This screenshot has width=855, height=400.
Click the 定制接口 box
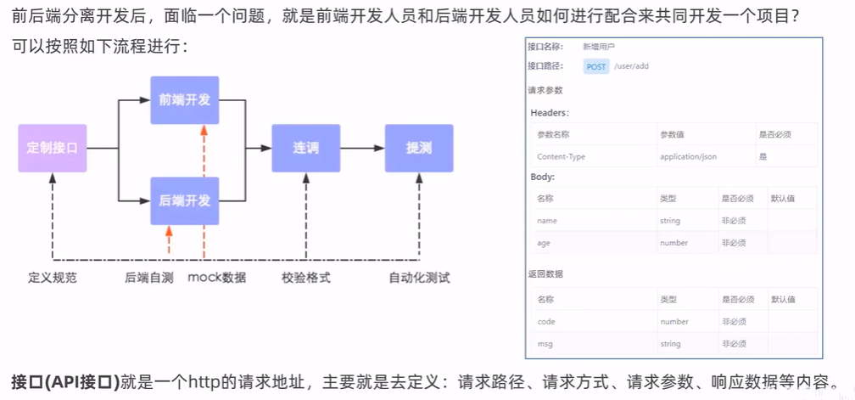[x=53, y=148]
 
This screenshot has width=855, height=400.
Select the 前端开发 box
[x=185, y=100]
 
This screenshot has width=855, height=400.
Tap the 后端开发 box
[x=185, y=200]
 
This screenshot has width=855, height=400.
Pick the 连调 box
[x=305, y=148]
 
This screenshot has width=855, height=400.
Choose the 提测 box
[x=419, y=148]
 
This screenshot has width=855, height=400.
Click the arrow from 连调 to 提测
[x=362, y=148]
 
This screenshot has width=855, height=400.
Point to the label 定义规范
[x=53, y=278]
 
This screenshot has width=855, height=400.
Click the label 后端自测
[x=149, y=278]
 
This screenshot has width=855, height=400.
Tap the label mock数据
[x=217, y=278]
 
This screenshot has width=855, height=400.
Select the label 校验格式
[x=306, y=278]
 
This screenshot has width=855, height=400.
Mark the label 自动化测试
[x=419, y=278]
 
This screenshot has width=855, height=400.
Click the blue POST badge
[x=596, y=66]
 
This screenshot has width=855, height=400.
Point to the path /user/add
[x=632, y=66]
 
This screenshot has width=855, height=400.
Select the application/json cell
[x=688, y=156]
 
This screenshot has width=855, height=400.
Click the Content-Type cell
[x=561, y=156]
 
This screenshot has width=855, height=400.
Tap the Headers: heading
[x=550, y=113]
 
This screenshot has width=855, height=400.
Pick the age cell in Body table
[x=543, y=243]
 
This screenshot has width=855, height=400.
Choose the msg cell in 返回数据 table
[x=545, y=344]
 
